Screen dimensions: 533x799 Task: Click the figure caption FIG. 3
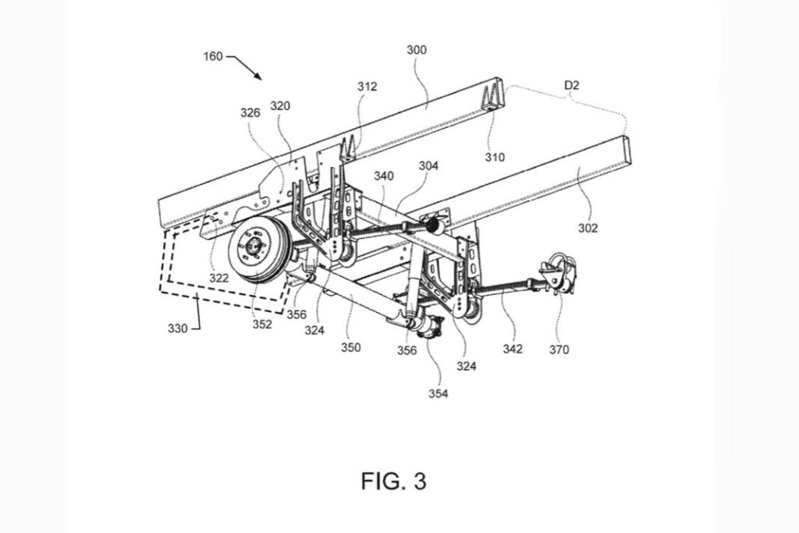(x=393, y=481)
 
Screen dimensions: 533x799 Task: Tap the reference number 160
(x=212, y=56)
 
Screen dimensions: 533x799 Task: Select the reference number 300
(x=417, y=48)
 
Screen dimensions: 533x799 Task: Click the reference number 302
(x=588, y=228)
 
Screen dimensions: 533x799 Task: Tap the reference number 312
(x=367, y=87)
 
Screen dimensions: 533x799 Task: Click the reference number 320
(x=280, y=105)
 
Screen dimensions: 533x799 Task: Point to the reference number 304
(x=428, y=165)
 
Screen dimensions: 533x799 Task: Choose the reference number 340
(x=382, y=176)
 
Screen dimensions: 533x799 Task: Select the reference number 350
(x=350, y=347)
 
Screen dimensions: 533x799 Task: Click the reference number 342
(x=512, y=348)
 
